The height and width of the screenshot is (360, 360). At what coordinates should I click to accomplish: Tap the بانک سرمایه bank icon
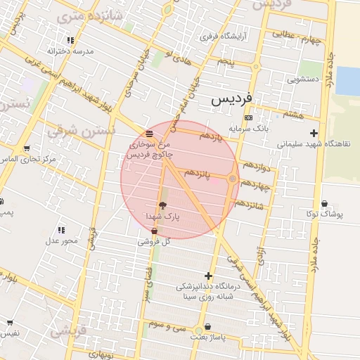point(247,117)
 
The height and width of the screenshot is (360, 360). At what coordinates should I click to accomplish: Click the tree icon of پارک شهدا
point(164,205)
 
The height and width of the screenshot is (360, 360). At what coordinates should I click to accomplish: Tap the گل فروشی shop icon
point(154,231)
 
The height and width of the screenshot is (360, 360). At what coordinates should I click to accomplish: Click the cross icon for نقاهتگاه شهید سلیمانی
point(314,132)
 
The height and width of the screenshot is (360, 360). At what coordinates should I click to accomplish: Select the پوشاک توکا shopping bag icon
point(323,203)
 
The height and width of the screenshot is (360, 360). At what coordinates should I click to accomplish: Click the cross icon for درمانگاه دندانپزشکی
point(207,276)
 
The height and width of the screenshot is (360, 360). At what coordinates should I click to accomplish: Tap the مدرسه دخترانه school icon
point(70,41)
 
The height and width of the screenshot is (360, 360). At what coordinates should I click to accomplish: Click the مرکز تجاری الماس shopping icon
point(26,148)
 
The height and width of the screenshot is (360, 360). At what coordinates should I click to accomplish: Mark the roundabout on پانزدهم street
point(232,179)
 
